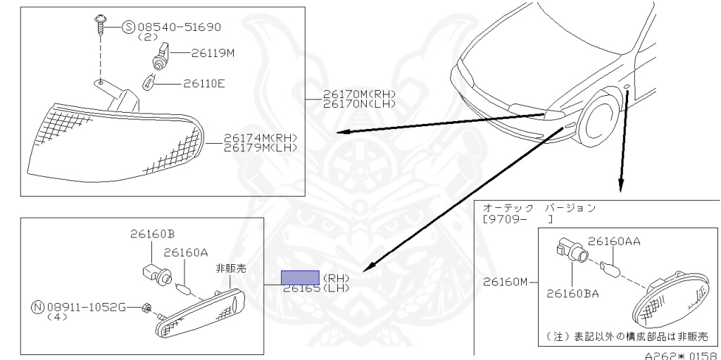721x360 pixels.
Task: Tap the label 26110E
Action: point(203,83)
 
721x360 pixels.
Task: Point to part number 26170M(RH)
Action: point(360,94)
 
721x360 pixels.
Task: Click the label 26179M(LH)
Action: point(261,147)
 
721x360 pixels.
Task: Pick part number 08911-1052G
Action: point(87,307)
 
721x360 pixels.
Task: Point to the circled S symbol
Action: point(128,27)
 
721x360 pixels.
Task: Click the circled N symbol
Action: point(37,307)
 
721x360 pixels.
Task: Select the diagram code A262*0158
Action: point(681,355)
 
